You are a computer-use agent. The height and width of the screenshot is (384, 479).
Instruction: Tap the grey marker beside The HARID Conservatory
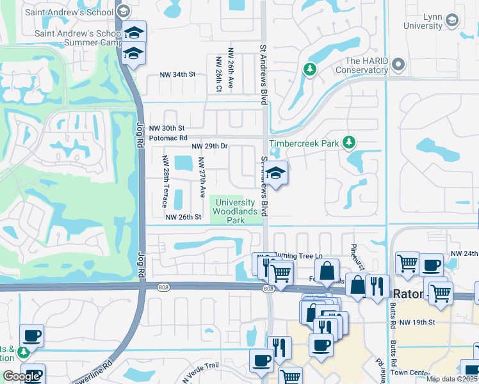coord(399,64)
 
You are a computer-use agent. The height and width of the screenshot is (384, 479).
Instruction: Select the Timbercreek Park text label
coord(304,144)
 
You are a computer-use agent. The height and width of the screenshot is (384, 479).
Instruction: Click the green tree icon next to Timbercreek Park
coord(349,142)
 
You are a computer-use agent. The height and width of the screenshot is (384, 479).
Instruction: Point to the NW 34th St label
coord(177,74)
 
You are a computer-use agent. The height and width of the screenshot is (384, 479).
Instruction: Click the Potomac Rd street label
coord(168,138)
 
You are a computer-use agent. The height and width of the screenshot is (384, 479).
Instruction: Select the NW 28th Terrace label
coord(165,181)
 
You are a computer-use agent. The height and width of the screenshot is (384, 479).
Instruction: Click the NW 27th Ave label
coord(201,177)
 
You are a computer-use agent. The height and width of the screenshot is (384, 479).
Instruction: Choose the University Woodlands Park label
coord(235,211)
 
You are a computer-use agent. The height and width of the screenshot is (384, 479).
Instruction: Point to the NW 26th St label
coord(184,217)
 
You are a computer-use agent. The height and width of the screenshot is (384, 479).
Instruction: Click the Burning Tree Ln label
coord(298,255)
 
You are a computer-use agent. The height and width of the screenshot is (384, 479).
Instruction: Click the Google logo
coord(21,376)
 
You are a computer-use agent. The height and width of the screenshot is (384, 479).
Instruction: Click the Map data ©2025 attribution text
coord(451,379)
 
